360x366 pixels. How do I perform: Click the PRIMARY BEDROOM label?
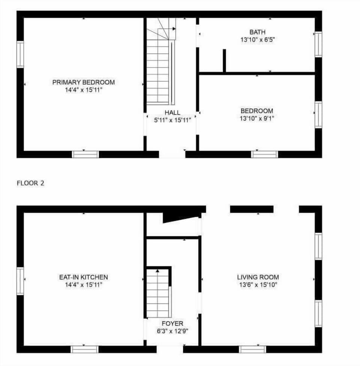pyautogui.click(x=84, y=82)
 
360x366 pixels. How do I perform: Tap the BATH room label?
pyautogui.click(x=257, y=32)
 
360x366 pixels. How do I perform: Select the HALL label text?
pyautogui.click(x=172, y=112)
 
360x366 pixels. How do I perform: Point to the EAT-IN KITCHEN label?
pyautogui.click(x=84, y=277)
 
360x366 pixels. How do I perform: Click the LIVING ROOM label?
pyautogui.click(x=258, y=277)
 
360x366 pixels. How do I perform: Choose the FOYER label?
pyautogui.click(x=172, y=323)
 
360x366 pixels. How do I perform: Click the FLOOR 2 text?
pyautogui.click(x=30, y=183)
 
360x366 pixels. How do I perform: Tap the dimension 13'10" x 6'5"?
pyautogui.click(x=258, y=40)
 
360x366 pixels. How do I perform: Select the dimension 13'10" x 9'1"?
pyautogui.click(x=257, y=118)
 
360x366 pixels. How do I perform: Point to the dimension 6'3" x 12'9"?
pyautogui.click(x=172, y=331)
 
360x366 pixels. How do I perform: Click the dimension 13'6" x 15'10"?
pyautogui.click(x=258, y=285)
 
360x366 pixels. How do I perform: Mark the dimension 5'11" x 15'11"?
pyautogui.click(x=172, y=120)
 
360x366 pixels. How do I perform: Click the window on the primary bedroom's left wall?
pyautogui.click(x=20, y=54)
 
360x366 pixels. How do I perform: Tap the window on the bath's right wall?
pyautogui.click(x=318, y=44)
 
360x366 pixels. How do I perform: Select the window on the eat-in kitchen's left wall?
pyautogui.click(x=20, y=281)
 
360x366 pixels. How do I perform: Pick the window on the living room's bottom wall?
pyautogui.click(x=252, y=349)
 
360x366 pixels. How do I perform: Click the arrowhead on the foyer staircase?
pyautogui.click(x=157, y=271)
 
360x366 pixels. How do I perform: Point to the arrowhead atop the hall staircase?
pyautogui.click(x=174, y=29)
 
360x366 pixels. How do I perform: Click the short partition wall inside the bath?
pyautogui.click(x=224, y=61)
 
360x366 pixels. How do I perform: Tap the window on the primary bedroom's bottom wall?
pyautogui.click(x=85, y=154)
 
